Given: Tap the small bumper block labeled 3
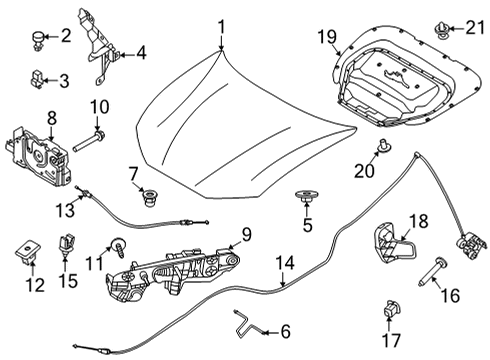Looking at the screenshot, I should pos(37,77).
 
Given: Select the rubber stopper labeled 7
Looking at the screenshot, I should pos(152,195).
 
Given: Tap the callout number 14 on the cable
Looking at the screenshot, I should pos(286,263).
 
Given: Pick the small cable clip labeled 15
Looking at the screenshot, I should pos(68,243).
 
